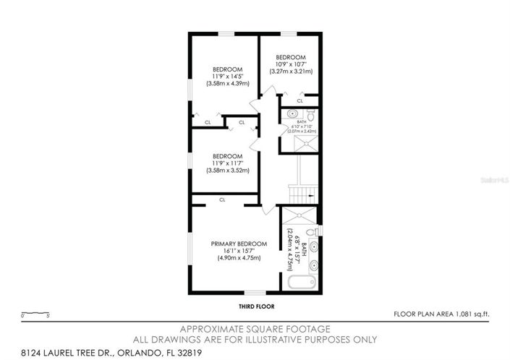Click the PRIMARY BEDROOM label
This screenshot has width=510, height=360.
coord(239,244)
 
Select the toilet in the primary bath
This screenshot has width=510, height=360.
coord(311,231)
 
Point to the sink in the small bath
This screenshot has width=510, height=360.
coord(292,114)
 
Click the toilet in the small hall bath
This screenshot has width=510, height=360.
coord(310,114)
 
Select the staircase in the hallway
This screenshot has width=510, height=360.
coord(301,192)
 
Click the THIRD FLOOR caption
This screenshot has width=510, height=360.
coord(254,307)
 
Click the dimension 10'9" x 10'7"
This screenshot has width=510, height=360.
coord(290,64)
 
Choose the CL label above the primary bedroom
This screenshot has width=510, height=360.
coord(222,199)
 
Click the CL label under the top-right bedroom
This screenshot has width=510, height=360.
coord(299,100)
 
